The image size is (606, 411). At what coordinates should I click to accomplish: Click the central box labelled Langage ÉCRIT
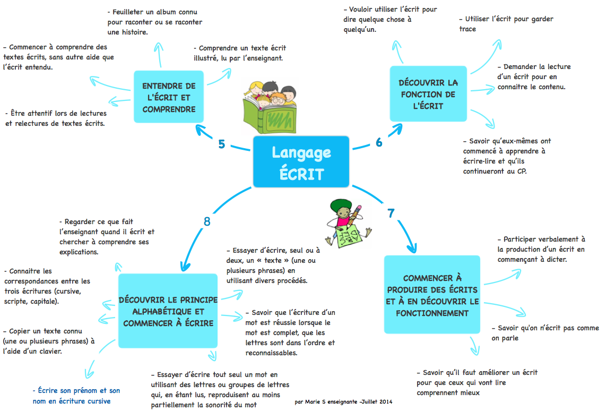coord(301,162)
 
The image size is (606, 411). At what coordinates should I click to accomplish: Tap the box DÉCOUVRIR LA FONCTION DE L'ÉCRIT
coord(428,94)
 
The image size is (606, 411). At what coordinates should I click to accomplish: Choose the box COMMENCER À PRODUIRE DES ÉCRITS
coord(432,295)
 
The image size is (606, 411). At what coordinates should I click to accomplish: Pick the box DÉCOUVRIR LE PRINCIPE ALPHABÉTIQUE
coord(168,311)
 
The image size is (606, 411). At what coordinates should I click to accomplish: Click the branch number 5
coord(222,144)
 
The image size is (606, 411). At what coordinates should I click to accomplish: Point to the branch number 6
coord(379,142)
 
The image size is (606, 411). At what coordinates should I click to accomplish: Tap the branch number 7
coord(391,213)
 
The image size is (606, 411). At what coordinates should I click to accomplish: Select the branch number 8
coord(207,221)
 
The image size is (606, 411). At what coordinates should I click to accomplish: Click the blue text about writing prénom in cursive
coord(76,396)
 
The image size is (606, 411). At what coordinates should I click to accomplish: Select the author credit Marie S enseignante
coord(343,402)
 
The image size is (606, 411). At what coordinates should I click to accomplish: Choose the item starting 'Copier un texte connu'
coord(48,341)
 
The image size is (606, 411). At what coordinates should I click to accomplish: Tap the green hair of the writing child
coord(340,204)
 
